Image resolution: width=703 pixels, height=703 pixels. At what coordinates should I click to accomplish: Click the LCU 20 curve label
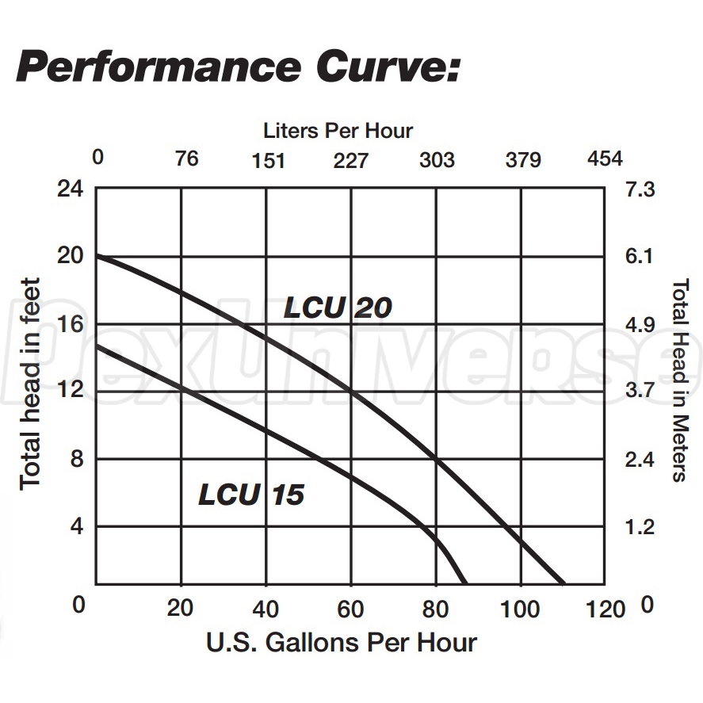tap(338, 308)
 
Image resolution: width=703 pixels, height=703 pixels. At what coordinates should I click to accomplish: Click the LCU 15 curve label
tap(251, 495)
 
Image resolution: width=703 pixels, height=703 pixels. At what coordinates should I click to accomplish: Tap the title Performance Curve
tap(238, 67)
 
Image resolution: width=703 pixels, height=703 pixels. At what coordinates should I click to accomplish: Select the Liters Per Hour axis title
tap(338, 130)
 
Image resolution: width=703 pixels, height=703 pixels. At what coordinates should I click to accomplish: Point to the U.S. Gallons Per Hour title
tap(342, 642)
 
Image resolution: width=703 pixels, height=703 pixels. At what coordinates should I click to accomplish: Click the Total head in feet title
tap(31, 383)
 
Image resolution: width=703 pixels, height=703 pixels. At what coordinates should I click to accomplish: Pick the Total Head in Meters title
tap(679, 380)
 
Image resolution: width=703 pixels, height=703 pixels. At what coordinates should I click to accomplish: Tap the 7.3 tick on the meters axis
tap(641, 190)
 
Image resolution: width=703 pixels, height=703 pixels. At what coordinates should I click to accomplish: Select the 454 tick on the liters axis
tap(605, 159)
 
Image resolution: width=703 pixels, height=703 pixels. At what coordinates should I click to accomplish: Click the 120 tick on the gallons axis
tap(607, 609)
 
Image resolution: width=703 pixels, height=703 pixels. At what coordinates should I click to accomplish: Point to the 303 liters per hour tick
tap(437, 160)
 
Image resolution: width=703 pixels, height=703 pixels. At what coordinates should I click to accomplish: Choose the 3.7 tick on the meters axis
tap(641, 391)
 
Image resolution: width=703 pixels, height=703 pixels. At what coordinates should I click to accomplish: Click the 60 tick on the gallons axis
tap(350, 609)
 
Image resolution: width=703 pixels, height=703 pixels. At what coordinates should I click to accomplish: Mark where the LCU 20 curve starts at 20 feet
tap(97, 257)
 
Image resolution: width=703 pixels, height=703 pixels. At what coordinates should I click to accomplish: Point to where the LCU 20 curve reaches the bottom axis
tap(564, 583)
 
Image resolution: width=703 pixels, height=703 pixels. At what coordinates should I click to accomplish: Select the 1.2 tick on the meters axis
tap(641, 526)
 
